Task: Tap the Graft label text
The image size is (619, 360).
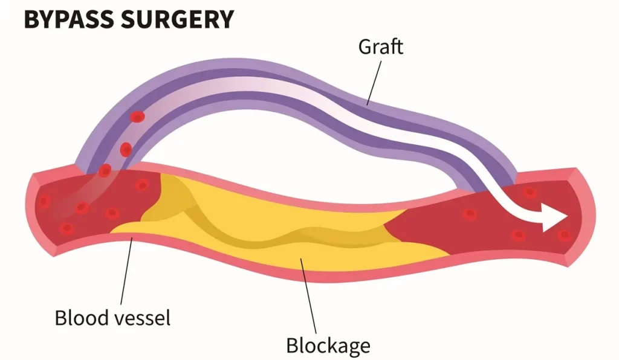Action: pyautogui.click(x=381, y=47)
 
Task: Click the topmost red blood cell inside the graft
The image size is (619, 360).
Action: pyautogui.click(x=138, y=117)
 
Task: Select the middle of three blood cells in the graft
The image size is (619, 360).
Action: pyautogui.click(x=126, y=149)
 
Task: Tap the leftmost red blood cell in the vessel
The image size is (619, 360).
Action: pyautogui.click(x=44, y=202)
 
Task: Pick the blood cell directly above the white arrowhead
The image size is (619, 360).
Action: pyautogui.click(x=530, y=193)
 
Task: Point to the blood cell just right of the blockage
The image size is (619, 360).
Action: pyautogui.click(x=470, y=213)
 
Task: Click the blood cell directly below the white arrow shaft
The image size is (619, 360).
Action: pyautogui.click(x=518, y=235)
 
